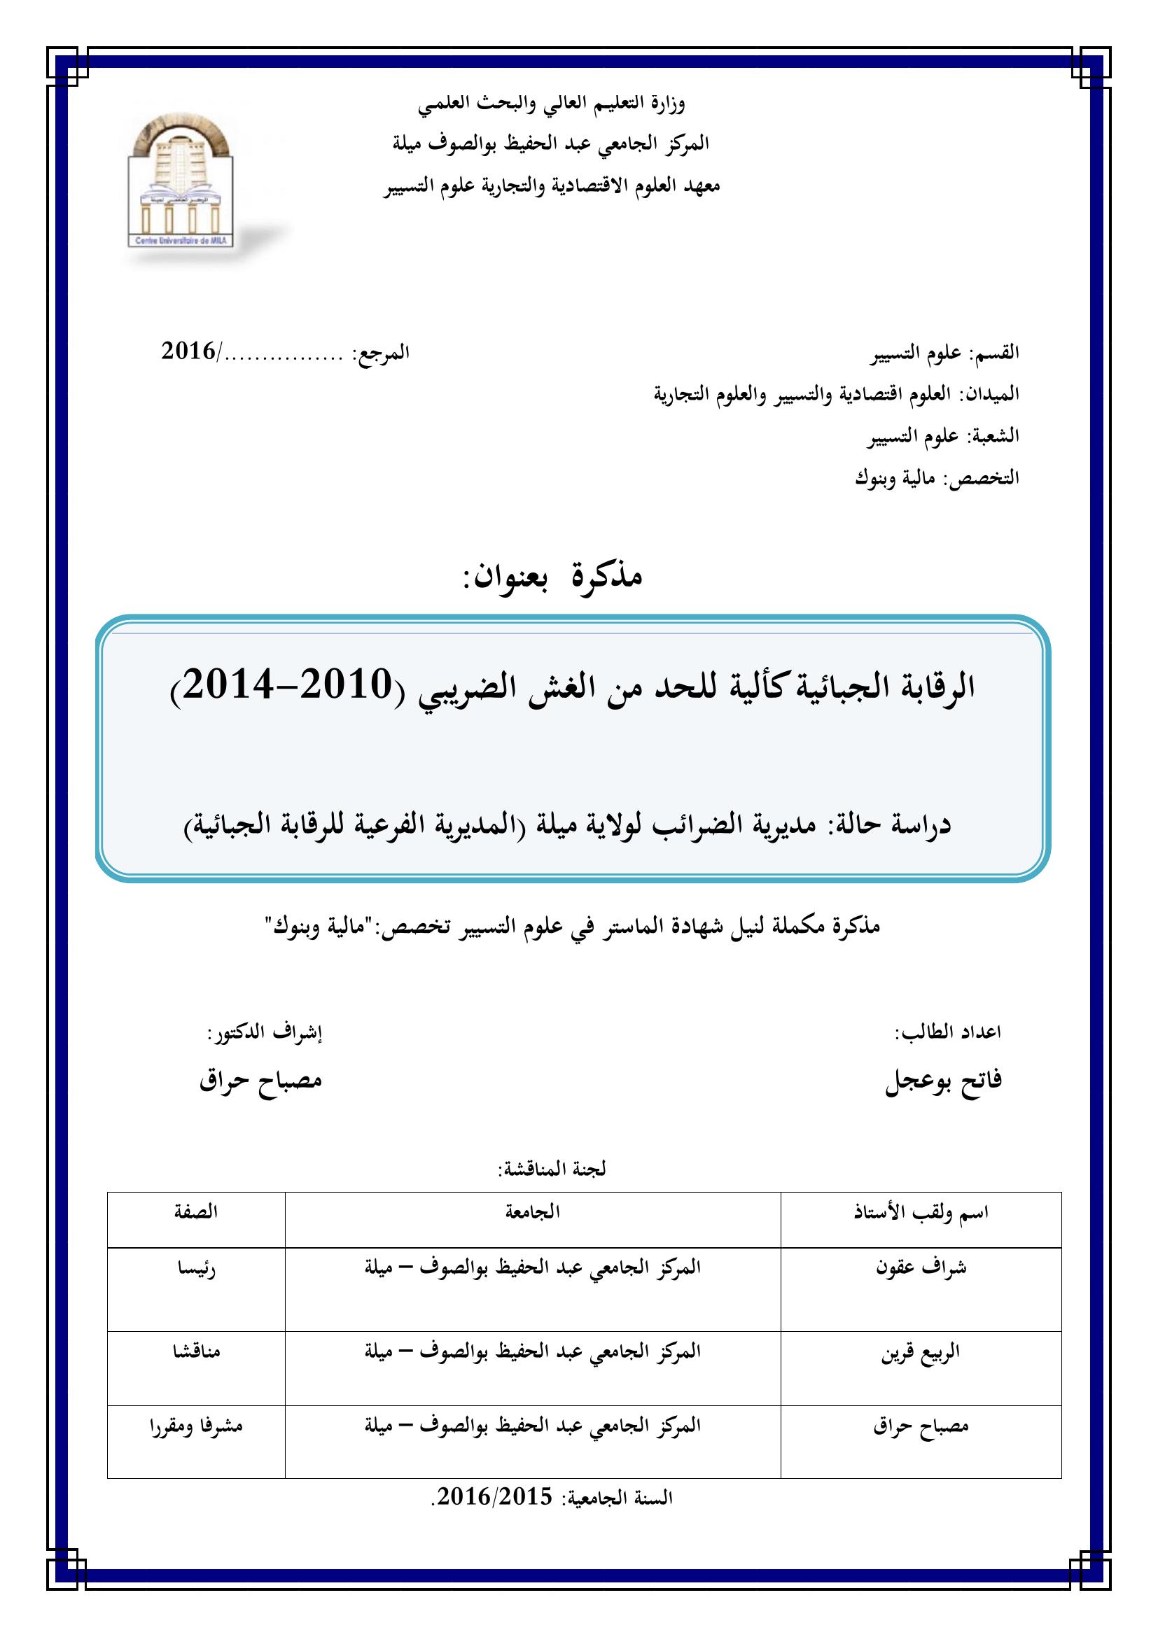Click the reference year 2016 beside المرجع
(x=188, y=351)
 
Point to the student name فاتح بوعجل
(x=942, y=1081)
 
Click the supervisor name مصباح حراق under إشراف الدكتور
(x=261, y=1081)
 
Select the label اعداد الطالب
(x=948, y=1032)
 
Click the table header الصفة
(x=196, y=1211)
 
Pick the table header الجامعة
(x=533, y=1211)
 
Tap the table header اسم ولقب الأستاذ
(x=921, y=1212)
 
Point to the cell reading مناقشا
(x=196, y=1352)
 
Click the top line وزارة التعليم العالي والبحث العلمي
(x=551, y=105)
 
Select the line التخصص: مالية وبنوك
(x=937, y=478)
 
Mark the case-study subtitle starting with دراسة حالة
(x=568, y=825)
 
